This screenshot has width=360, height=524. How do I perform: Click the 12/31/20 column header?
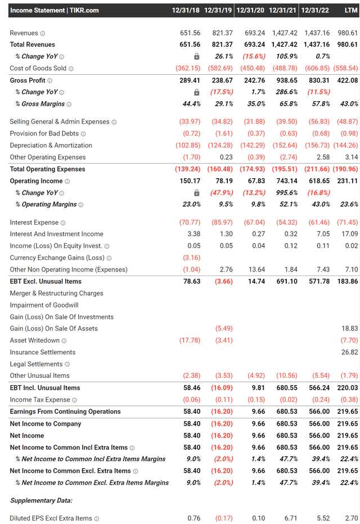coord(250,10)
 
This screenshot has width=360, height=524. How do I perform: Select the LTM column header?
coord(351,10)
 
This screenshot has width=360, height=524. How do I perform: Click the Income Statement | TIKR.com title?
coord(55,10)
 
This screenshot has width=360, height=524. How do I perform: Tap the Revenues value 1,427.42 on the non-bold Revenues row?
coord(285,33)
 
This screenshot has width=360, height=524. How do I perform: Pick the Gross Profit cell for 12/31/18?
coord(190,80)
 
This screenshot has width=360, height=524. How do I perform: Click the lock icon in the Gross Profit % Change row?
coord(197,92)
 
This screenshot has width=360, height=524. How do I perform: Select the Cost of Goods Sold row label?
coord(38,69)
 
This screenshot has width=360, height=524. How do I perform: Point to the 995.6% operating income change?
coord(286,193)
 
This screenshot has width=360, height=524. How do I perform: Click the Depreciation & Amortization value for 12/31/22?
coord(317,146)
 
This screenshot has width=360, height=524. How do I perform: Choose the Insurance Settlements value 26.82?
coord(350,352)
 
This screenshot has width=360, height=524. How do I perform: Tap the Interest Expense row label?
coord(34,223)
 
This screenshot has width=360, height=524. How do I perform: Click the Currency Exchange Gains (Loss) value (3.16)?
coord(192,258)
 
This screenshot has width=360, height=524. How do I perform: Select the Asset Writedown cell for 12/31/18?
coord(190,340)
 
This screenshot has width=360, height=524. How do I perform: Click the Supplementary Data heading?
coord(41,500)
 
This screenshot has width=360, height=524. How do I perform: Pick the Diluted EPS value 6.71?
coord(291,518)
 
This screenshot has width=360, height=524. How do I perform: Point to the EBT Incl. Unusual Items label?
coord(45,388)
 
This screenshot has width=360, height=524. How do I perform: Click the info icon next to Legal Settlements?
coord(67,364)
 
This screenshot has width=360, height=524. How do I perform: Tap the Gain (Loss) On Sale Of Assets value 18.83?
coord(350,328)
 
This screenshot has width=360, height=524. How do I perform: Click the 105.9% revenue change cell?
coord(287,56)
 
